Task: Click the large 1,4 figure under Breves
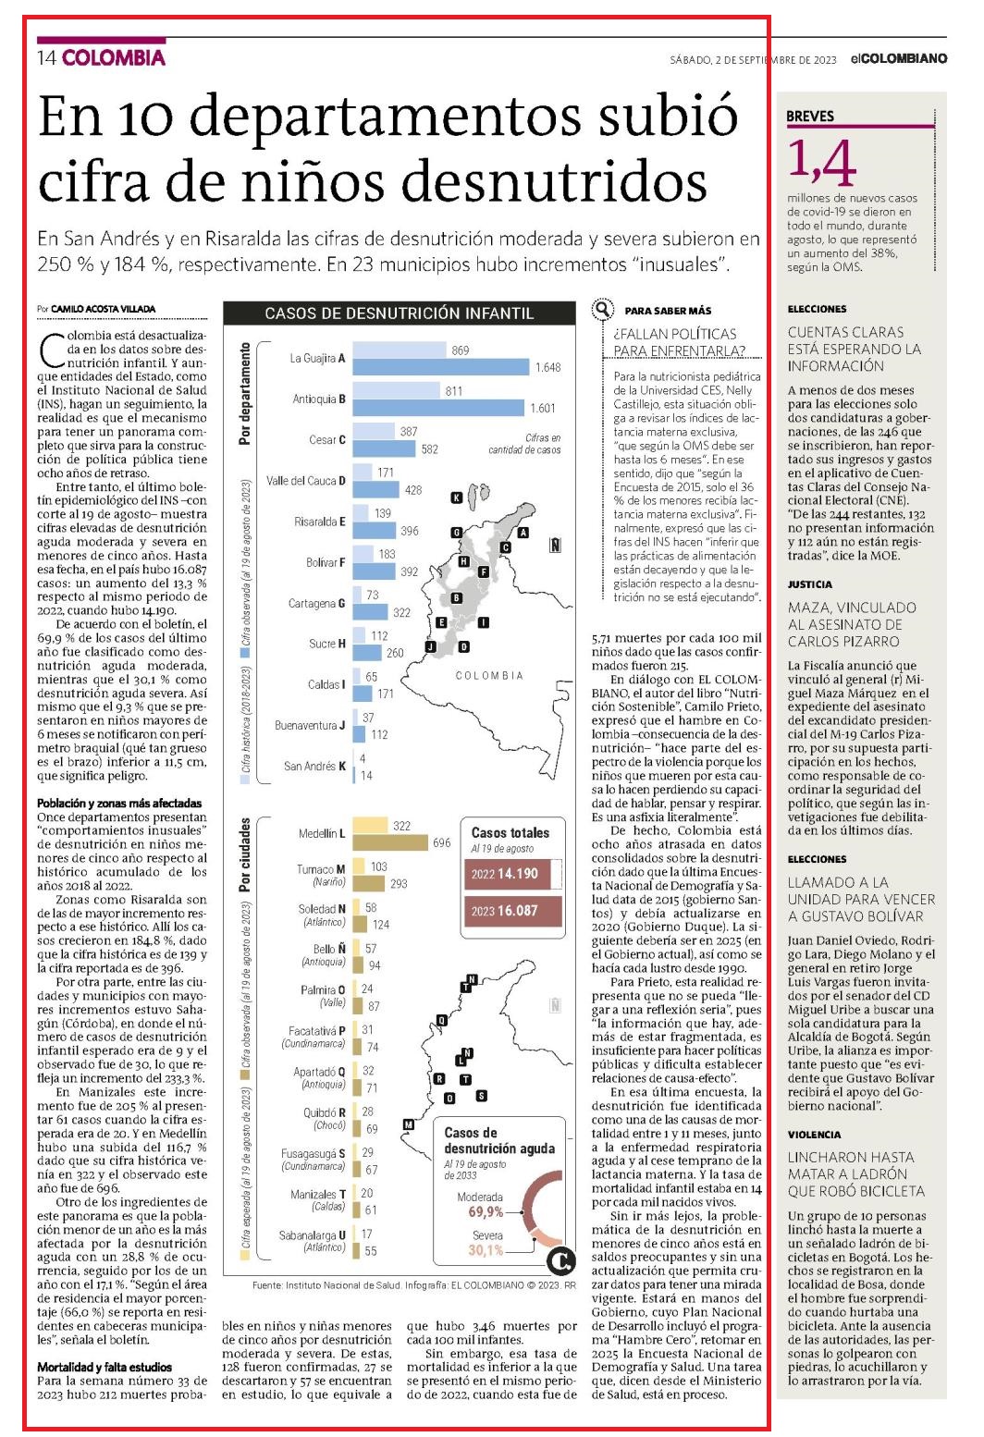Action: click(821, 165)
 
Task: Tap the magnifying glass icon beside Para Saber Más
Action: click(602, 311)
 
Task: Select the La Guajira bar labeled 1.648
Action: click(441, 367)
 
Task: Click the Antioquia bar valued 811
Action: click(397, 390)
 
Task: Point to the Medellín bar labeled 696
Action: click(390, 842)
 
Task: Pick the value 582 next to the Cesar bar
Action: click(430, 449)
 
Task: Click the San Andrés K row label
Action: click(315, 766)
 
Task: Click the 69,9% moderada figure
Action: click(486, 1211)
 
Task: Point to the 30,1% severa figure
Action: click(486, 1249)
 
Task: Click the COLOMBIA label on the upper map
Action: click(489, 676)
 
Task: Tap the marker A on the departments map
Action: click(523, 533)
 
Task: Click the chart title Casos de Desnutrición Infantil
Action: click(399, 313)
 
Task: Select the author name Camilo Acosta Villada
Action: click(104, 309)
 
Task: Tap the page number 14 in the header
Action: click(47, 58)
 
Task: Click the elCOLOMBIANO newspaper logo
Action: click(899, 59)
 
